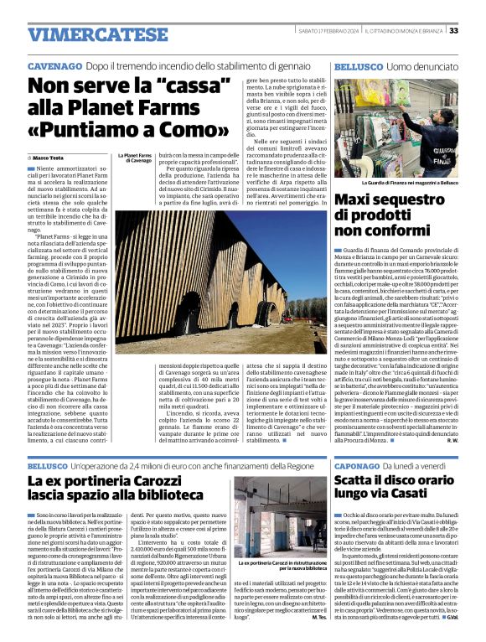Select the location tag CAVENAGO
tap(54, 65)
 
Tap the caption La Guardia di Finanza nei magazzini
tap(409, 182)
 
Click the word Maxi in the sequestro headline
tap(358, 200)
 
